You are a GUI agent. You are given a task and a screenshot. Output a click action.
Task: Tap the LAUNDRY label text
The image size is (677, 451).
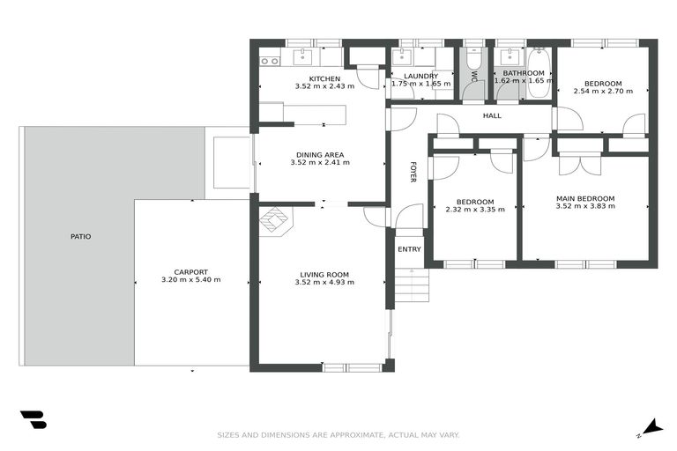click(420, 76)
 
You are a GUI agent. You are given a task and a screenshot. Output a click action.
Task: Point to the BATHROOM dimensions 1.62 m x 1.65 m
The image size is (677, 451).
click(519, 81)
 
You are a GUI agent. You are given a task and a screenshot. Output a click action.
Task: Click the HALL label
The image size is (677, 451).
click(492, 115)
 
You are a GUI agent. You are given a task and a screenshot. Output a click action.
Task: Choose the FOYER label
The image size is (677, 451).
click(413, 172)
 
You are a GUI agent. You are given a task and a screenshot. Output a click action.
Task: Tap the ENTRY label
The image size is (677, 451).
click(410, 249)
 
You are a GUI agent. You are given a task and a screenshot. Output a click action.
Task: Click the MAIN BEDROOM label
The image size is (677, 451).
click(585, 199)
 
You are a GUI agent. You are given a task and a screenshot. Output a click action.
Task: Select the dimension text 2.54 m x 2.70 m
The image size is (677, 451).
click(599, 90)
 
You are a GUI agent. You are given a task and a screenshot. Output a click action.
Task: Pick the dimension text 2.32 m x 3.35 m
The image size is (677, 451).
click(475, 210)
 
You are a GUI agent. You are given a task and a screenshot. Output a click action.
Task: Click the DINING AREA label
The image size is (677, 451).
click(318, 155)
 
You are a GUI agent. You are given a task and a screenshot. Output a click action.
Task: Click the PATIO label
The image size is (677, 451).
click(81, 236)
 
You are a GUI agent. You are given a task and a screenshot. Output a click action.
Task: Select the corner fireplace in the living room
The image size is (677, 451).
click(276, 220)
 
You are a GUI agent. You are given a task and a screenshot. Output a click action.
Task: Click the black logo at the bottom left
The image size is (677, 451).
click(33, 420)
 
